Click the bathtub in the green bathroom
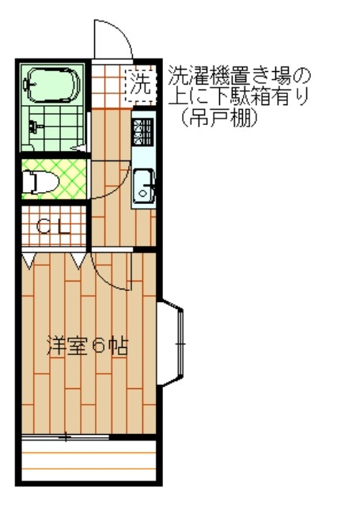[x=54, y=85]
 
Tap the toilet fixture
[x=40, y=182]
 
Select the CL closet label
[x=53, y=227]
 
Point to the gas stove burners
[x=142, y=132]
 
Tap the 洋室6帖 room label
[x=87, y=346]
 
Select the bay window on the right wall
[x=170, y=342]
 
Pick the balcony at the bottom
[x=89, y=460]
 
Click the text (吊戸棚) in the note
[x=219, y=118]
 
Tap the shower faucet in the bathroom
[x=34, y=126]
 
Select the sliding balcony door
[x=65, y=437]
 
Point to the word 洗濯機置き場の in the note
[x=239, y=76]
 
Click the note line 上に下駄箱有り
[x=239, y=96]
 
